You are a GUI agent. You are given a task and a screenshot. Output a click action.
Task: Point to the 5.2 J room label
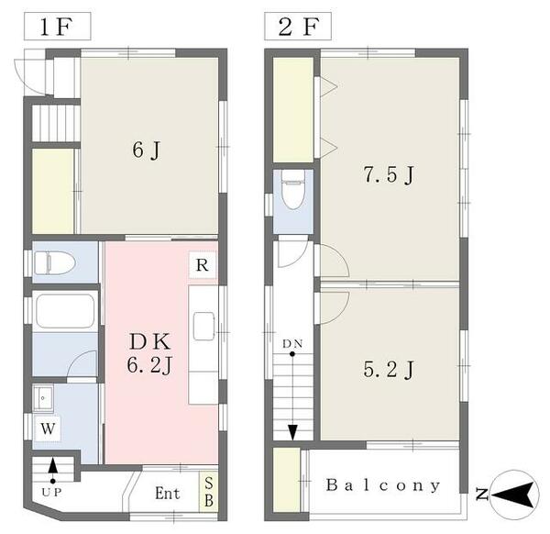tap(390, 370)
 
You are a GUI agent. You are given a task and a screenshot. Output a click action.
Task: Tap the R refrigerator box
tap(203, 265)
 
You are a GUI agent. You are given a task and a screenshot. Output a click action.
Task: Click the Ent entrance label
tap(167, 494)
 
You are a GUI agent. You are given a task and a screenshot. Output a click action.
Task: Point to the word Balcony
tap(382, 485)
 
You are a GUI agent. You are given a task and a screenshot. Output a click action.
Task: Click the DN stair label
tap(291, 344)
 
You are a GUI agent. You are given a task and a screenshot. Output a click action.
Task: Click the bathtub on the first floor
tap(63, 312)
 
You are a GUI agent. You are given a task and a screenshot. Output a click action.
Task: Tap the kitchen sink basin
tap(203, 327)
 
